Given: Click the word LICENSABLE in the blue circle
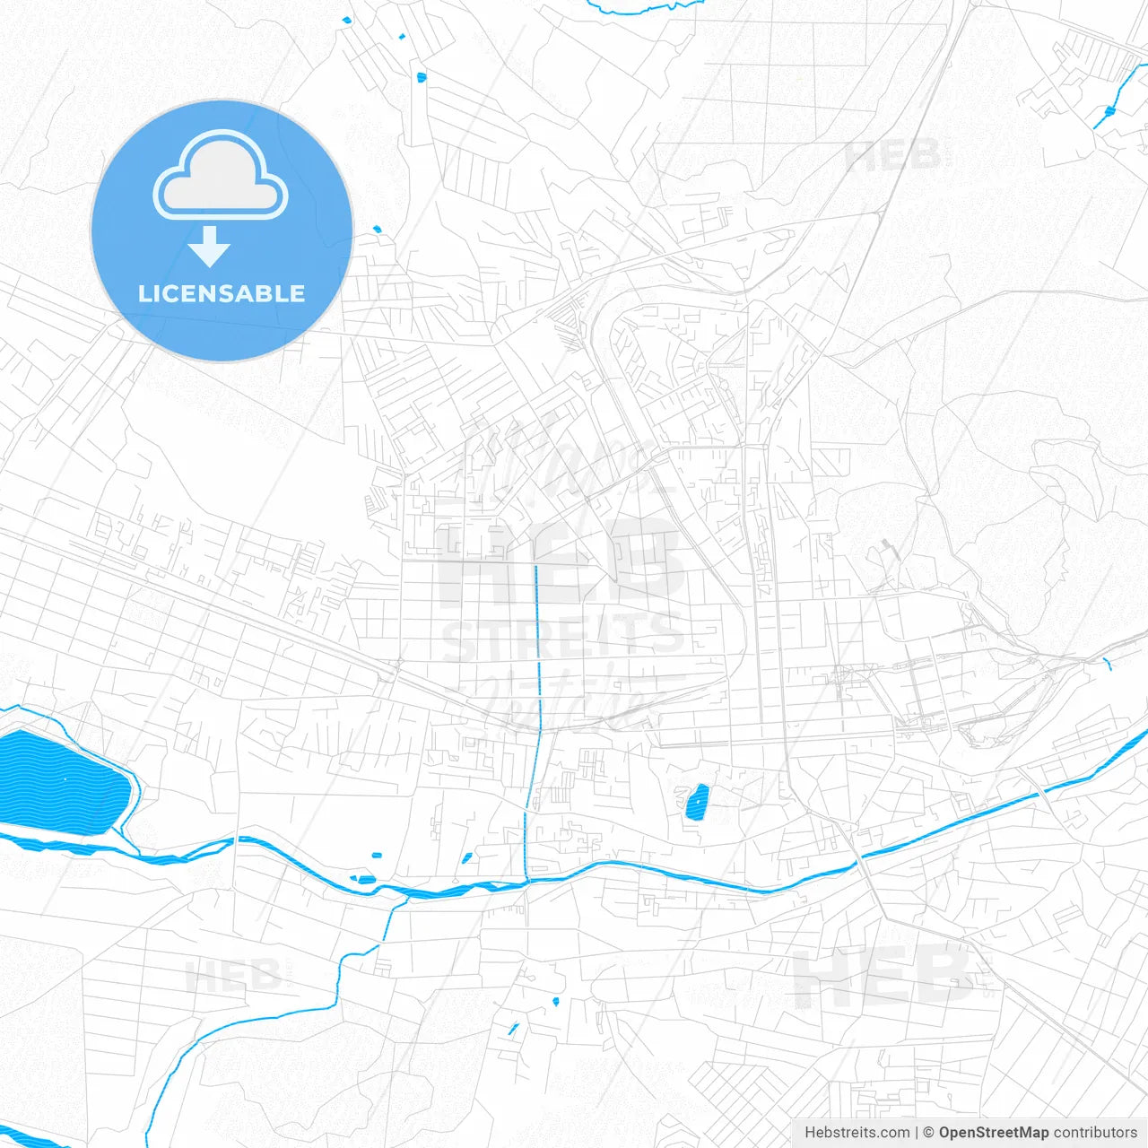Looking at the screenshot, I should pos(222,293).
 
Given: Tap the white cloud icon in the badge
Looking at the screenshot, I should pos(221,175).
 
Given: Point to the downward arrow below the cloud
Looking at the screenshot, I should pos(210,247).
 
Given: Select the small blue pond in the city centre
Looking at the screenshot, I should pos(696,802).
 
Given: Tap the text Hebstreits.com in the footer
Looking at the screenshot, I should pos(857,1133).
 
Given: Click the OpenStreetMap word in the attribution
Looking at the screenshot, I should pos(993,1133).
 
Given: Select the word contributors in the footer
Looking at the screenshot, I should pos(1095,1133).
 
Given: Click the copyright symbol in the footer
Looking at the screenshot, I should pos(928,1133).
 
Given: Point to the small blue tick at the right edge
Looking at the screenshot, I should pos(1108,664).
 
